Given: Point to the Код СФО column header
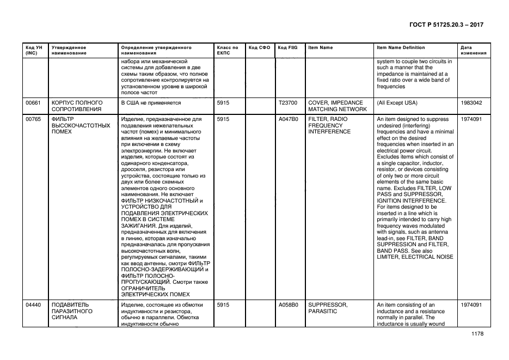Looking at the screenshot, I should [x=259, y=48].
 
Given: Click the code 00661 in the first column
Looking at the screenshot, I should [x=33, y=102].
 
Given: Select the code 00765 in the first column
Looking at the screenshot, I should [x=33, y=119].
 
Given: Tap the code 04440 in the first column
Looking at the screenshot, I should [x=33, y=305].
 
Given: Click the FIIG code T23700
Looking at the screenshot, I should [x=288, y=102].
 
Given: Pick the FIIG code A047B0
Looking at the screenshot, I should [x=288, y=119].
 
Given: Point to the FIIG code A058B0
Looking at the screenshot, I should [x=288, y=305].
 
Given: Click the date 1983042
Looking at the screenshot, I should [x=471, y=102].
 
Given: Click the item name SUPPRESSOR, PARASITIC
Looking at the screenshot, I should [x=328, y=308].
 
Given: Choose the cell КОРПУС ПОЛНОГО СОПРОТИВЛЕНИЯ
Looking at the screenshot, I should [x=77, y=106].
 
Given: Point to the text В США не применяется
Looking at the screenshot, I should [x=151, y=102].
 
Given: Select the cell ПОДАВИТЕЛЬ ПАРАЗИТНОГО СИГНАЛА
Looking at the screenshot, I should [x=72, y=311].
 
